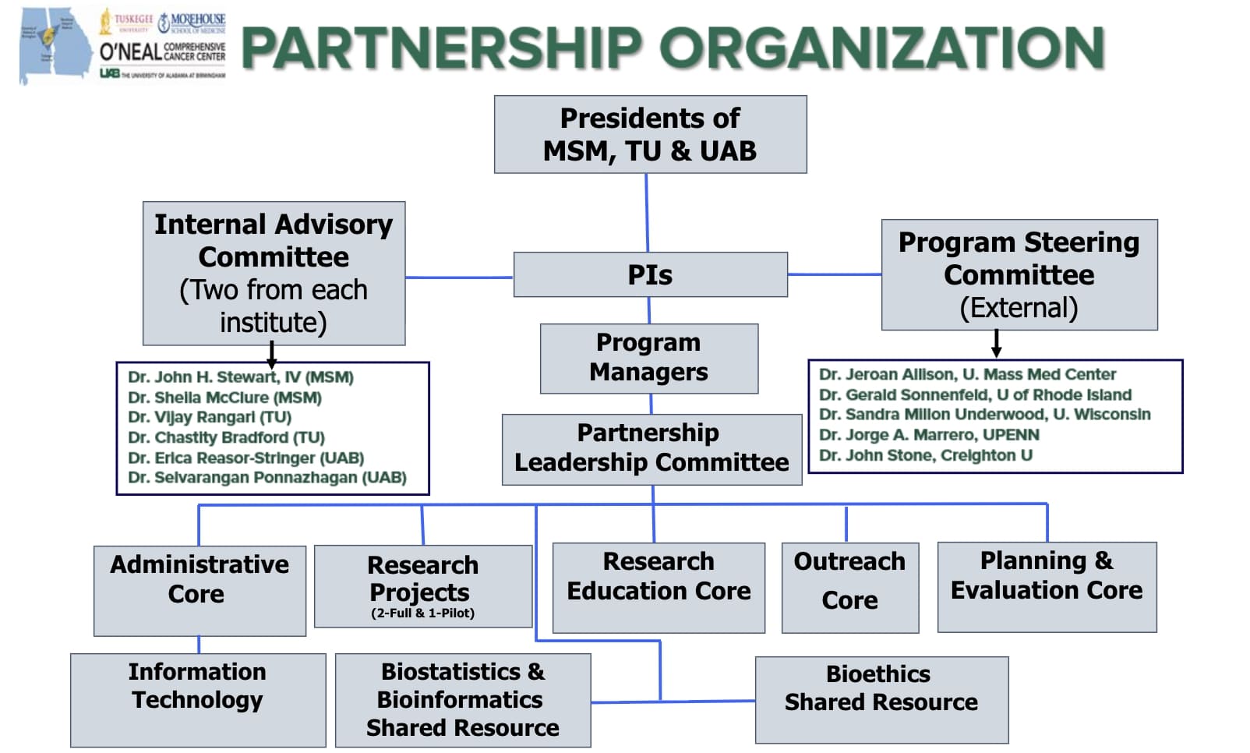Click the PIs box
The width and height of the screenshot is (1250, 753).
point(650,274)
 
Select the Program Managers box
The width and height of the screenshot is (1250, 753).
point(648,358)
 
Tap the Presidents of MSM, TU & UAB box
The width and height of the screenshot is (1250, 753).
point(650,134)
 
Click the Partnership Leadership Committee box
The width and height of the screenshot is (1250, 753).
point(651,448)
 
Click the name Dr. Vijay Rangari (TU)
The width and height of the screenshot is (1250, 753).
point(210,417)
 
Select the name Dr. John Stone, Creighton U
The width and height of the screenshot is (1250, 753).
point(925,455)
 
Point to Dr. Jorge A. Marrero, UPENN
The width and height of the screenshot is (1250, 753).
point(929,435)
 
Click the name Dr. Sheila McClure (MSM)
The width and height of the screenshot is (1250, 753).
point(224,398)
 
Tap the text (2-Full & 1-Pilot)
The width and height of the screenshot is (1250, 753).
point(422,613)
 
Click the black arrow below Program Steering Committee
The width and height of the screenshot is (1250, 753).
point(996,344)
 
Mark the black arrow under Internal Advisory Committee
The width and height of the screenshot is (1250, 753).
point(271,355)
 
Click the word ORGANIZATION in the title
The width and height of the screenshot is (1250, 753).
point(882,48)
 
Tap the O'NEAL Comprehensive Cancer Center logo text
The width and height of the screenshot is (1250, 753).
point(162,51)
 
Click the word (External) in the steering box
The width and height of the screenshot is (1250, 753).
point(1019,308)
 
